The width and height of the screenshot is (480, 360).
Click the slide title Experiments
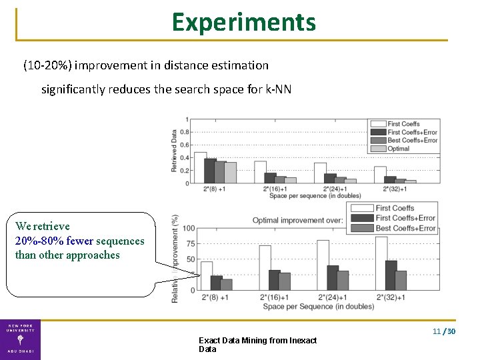[243, 22]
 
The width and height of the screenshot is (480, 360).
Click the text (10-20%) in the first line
[48, 65]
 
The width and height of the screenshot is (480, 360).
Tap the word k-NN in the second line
[277, 89]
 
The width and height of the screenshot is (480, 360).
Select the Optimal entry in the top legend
[399, 149]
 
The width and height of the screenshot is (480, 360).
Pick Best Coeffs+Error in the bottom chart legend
[405, 228]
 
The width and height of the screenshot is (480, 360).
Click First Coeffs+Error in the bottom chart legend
[405, 218]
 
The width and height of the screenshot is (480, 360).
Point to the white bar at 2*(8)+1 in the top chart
[200, 167]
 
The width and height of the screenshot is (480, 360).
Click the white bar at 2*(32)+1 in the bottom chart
[381, 263]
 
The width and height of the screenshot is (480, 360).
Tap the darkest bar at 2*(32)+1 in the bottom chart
[391, 275]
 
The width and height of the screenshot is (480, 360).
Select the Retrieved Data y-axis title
[175, 151]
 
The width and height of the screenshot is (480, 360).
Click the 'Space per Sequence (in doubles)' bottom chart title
[318, 306]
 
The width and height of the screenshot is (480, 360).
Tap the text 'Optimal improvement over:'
[297, 220]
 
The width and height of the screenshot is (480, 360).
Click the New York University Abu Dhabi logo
[20, 339]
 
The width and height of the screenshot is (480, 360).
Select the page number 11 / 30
[444, 331]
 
